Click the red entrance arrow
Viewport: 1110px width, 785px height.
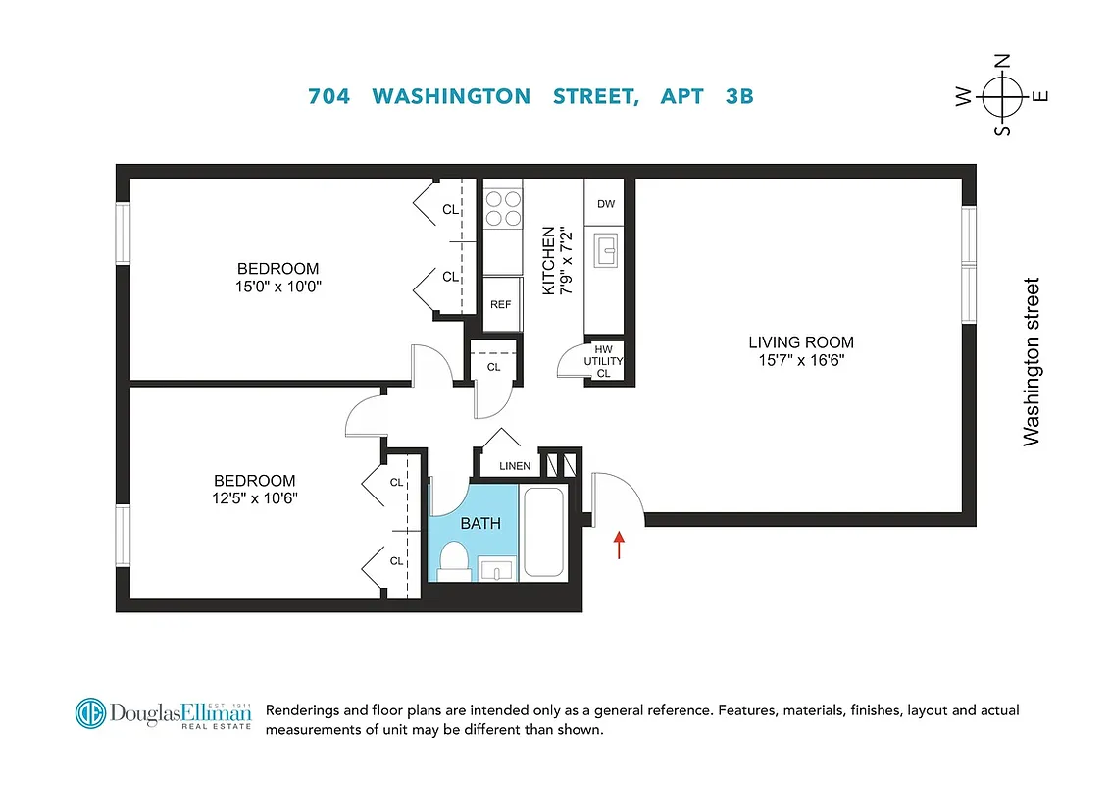click(x=619, y=545)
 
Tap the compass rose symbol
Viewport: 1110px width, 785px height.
click(x=1002, y=95)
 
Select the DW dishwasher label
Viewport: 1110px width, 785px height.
click(x=606, y=204)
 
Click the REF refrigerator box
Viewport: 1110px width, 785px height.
click(x=500, y=304)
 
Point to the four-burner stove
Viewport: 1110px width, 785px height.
click(x=503, y=208)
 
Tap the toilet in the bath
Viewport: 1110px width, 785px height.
click(x=453, y=561)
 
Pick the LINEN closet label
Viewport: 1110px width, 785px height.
click(x=515, y=466)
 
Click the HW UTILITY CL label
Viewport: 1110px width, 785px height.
click(x=604, y=362)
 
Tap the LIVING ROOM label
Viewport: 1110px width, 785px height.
click(x=800, y=342)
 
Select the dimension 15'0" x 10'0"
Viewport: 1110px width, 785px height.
click(x=277, y=287)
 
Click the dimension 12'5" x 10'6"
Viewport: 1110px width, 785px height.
click(x=254, y=498)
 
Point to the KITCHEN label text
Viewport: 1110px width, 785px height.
click(x=548, y=261)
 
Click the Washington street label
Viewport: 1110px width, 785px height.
click(x=1032, y=362)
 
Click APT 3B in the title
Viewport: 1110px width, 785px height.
click(x=707, y=96)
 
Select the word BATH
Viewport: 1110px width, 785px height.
click(x=480, y=523)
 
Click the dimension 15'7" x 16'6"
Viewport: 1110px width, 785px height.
click(x=800, y=360)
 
